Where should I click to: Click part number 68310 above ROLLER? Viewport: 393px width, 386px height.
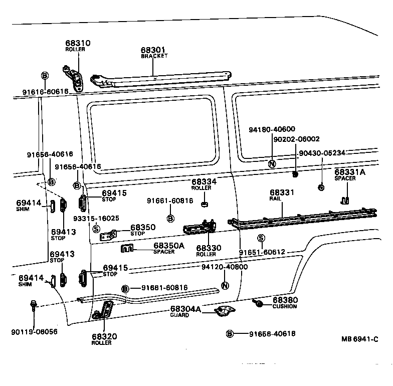(x=77, y=44)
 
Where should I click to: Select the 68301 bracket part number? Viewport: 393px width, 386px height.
(x=153, y=50)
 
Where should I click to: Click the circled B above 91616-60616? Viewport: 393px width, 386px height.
(x=44, y=76)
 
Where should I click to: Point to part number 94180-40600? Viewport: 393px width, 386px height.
(x=272, y=129)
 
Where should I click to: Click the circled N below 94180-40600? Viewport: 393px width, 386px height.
(x=272, y=164)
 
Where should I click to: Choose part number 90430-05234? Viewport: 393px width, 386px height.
(x=322, y=153)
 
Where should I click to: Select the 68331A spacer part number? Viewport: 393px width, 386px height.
(x=350, y=172)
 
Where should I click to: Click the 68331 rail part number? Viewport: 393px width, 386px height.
(x=282, y=192)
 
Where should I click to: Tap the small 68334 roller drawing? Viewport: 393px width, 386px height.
(x=205, y=204)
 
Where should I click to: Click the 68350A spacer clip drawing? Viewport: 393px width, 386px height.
(x=128, y=248)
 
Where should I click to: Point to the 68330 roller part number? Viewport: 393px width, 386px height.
(x=206, y=248)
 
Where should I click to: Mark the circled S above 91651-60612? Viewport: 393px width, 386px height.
(x=261, y=238)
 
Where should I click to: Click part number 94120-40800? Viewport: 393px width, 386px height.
(x=225, y=267)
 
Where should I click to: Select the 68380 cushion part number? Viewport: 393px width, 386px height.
(x=285, y=300)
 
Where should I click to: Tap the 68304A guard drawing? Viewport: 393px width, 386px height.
(x=224, y=311)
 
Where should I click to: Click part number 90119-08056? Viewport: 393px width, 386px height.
(x=34, y=332)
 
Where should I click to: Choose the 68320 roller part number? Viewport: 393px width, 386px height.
(x=102, y=337)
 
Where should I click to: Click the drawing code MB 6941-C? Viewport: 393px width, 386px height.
(x=359, y=339)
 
